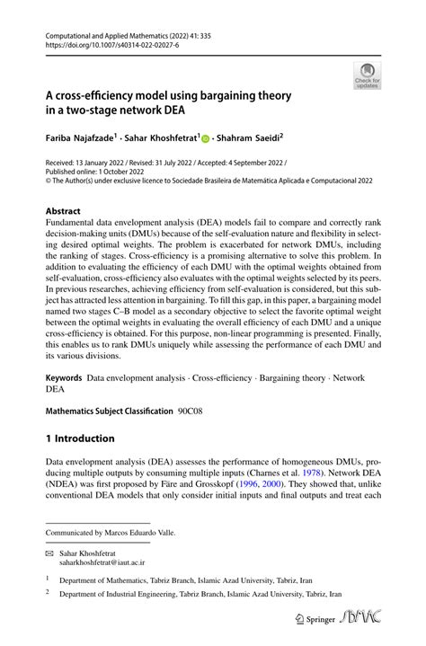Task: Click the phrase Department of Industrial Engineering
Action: (x=120, y=594)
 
